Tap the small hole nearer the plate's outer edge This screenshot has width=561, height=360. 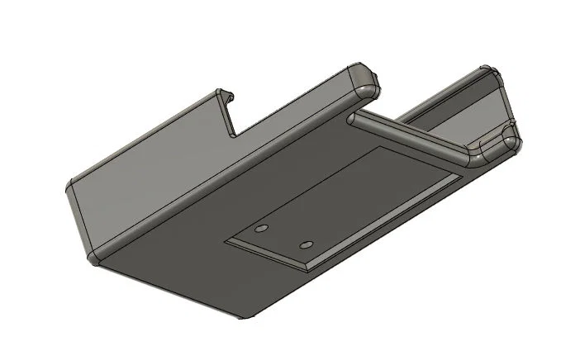pyautogui.click(x=307, y=245)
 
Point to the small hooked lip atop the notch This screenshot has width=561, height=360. pyautogui.click(x=227, y=94)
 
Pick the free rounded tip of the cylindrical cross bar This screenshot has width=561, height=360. pyautogui.click(x=353, y=120)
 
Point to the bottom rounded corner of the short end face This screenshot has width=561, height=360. pyautogui.click(x=93, y=261)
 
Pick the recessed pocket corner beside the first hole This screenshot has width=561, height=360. pyautogui.click(x=228, y=240)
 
